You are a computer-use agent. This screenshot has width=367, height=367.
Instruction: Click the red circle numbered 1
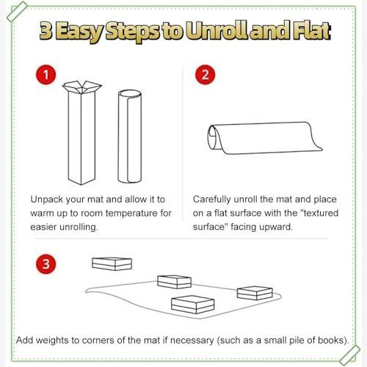(x=46, y=75)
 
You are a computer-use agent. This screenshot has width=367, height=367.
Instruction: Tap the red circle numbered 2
(x=205, y=75)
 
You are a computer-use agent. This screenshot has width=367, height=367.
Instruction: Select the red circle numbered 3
(x=46, y=264)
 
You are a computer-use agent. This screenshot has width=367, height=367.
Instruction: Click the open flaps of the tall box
(x=82, y=87)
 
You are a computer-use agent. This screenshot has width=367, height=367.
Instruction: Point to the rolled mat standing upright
(x=130, y=137)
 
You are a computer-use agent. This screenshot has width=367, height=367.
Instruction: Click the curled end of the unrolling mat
(x=214, y=137)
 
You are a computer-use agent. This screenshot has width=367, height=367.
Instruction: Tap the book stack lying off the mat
(x=112, y=264)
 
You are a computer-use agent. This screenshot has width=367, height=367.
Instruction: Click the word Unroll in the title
(x=218, y=31)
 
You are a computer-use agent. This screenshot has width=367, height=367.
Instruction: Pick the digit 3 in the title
(x=46, y=31)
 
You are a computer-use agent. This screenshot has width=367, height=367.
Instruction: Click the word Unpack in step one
(x=47, y=200)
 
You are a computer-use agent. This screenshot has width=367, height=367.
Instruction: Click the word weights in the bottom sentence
(x=52, y=341)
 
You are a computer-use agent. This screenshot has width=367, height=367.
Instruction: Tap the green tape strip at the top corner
(x=17, y=12)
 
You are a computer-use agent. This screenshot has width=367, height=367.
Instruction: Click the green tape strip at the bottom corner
(x=350, y=355)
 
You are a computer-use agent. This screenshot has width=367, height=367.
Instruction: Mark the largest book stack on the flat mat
(x=193, y=305)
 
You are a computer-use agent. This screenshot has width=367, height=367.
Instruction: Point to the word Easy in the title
(x=79, y=32)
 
